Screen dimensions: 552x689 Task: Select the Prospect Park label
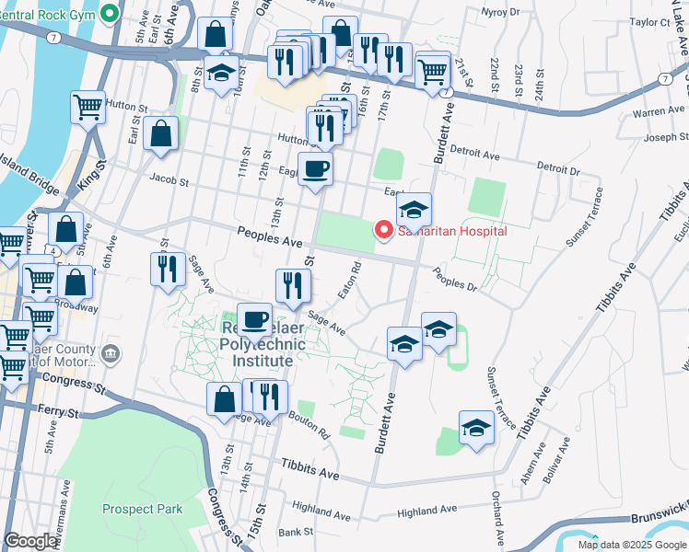click(x=142, y=509)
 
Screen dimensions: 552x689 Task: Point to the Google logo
click(x=30, y=541)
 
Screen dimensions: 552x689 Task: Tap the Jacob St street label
click(x=169, y=183)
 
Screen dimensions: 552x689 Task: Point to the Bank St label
click(x=297, y=532)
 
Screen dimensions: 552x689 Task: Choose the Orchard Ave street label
click(x=497, y=515)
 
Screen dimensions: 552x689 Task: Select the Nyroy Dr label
click(x=502, y=12)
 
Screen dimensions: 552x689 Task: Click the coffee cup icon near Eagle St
click(x=316, y=169)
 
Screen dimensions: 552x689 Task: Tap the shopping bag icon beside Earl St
click(x=160, y=133)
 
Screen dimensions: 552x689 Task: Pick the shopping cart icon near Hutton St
click(x=88, y=108)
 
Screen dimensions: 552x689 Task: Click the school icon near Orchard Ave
click(x=476, y=428)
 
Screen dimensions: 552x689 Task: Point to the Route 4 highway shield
click(x=56, y=250)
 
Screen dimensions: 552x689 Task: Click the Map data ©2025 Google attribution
click(x=631, y=545)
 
